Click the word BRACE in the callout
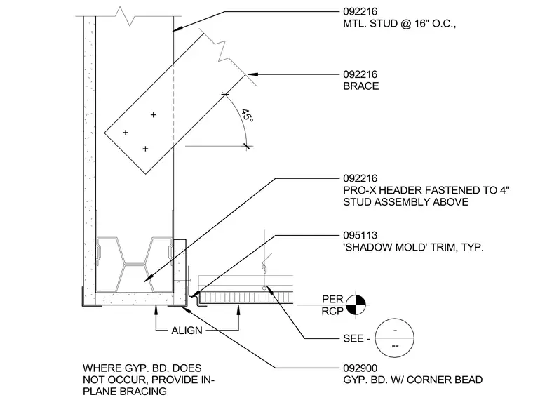click(360, 86)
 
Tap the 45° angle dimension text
click(247, 116)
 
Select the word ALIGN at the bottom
click(187, 331)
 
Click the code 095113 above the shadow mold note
click(360, 235)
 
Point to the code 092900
click(360, 368)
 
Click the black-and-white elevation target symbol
click(356, 305)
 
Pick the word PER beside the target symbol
click(332, 300)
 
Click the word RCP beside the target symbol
click(332, 311)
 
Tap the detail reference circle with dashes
click(395, 338)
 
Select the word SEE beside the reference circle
click(353, 339)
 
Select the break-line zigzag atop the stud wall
click(128, 16)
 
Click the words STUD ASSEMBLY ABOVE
click(406, 202)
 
